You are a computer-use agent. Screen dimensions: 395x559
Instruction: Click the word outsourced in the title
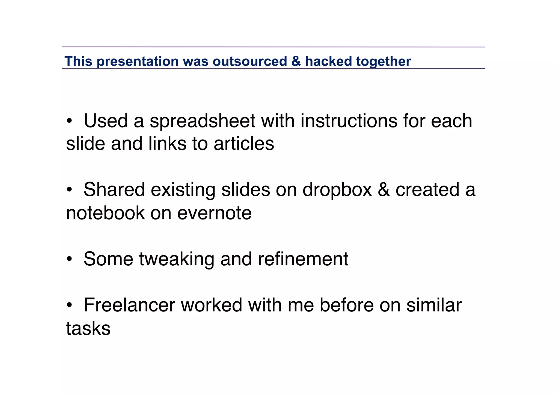pyautogui.click(x=249, y=61)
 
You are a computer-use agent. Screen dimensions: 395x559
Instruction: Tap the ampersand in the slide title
pyautogui.click(x=296, y=61)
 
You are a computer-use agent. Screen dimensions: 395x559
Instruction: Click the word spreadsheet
pyautogui.click(x=202, y=121)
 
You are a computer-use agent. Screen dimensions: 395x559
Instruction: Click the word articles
pyautogui.click(x=244, y=144)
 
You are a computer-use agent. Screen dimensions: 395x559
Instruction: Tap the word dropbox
pyautogui.click(x=337, y=190)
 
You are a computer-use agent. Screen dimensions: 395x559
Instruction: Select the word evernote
pyautogui.click(x=214, y=213)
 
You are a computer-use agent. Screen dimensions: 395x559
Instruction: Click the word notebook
pyautogui.click(x=105, y=213)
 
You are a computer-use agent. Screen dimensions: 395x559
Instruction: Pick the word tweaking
pyautogui.click(x=177, y=259)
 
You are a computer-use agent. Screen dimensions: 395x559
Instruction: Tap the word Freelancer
pyautogui.click(x=129, y=305)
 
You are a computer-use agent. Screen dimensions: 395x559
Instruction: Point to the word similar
pyautogui.click(x=434, y=305)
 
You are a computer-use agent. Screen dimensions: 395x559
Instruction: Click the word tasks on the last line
pyautogui.click(x=88, y=328)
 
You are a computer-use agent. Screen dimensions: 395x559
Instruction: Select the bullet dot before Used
pyautogui.click(x=69, y=121)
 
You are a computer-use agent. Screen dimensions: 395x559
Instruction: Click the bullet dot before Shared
pyautogui.click(x=69, y=190)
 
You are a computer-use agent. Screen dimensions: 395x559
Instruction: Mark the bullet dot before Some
pyautogui.click(x=69, y=259)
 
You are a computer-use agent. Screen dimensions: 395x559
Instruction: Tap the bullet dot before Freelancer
pyautogui.click(x=69, y=305)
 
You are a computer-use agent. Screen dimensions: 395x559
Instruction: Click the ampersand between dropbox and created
pyautogui.click(x=384, y=190)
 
